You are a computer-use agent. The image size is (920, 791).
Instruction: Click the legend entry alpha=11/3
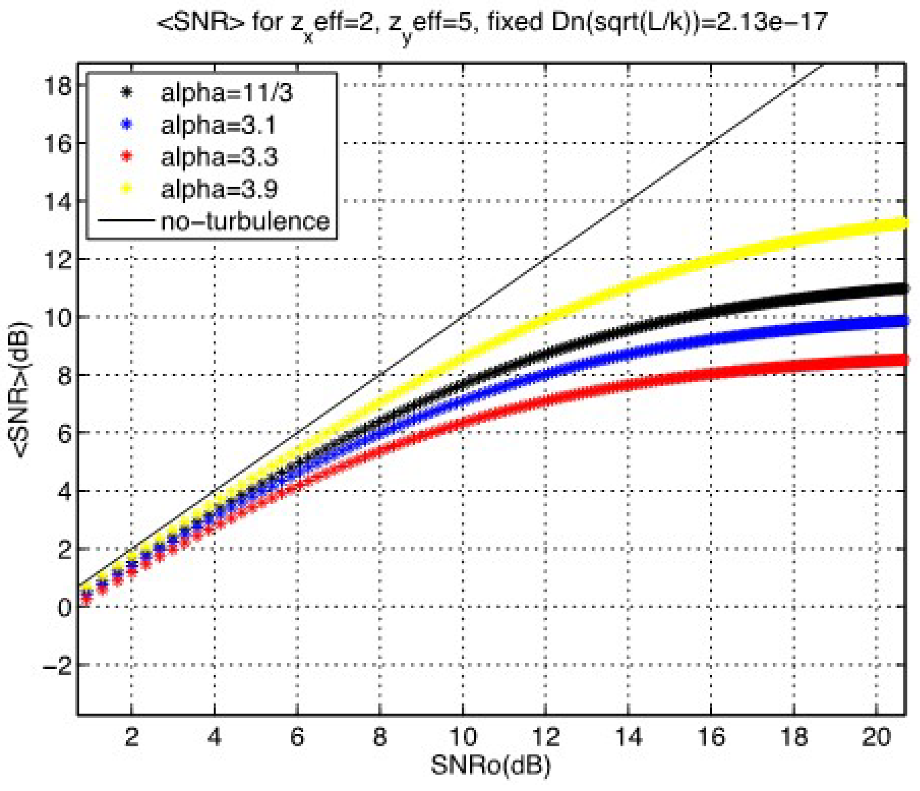pyautogui.click(x=227, y=93)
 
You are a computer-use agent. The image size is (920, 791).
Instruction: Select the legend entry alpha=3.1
pyautogui.click(x=218, y=125)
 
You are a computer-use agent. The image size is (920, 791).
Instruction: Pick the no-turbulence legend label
pyautogui.click(x=246, y=221)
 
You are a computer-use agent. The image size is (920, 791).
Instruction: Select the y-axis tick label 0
pyautogui.click(x=65, y=607)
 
